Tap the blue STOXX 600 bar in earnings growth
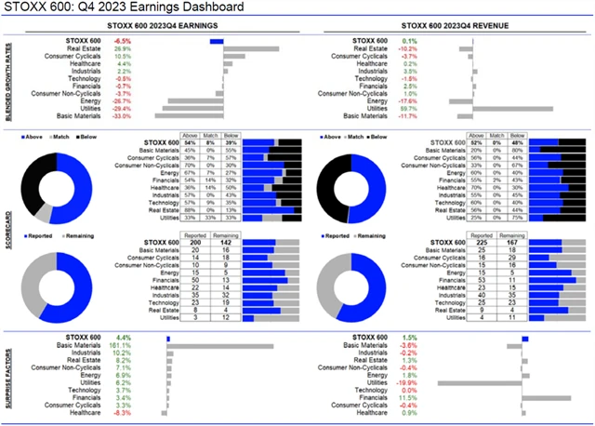(x=217, y=42)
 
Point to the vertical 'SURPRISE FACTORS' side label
(x=10, y=377)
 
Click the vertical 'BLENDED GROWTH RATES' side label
(x=10, y=78)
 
